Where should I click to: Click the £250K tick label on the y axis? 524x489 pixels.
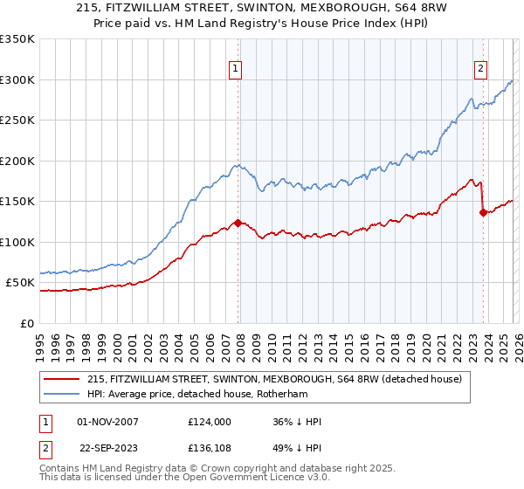pyautogui.click(x=17, y=121)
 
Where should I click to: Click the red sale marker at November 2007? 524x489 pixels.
pyautogui.click(x=238, y=223)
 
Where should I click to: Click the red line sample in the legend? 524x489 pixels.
pyautogui.click(x=62, y=379)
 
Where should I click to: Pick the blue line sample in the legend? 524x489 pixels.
pyautogui.click(x=62, y=394)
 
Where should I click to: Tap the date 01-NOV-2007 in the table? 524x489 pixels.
pyautogui.click(x=107, y=422)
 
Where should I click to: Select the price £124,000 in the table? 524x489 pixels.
pyautogui.click(x=209, y=422)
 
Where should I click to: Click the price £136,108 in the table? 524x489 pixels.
pyautogui.click(x=209, y=449)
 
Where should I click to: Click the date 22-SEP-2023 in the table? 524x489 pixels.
pyautogui.click(x=107, y=449)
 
